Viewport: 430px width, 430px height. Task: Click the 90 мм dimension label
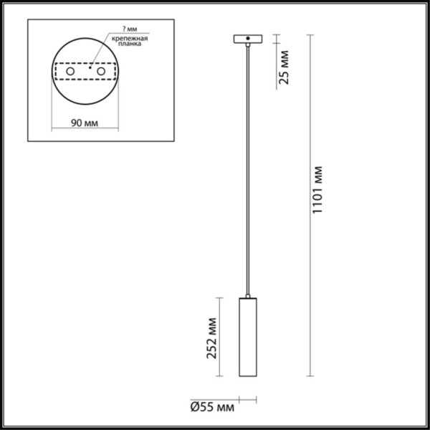pyautogui.click(x=85, y=123)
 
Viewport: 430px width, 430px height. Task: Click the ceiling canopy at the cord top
pyautogui.click(x=248, y=39)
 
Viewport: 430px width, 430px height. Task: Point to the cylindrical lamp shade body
pyautogui.click(x=248, y=337)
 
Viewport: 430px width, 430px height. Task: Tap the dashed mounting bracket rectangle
pyautogui.click(x=85, y=72)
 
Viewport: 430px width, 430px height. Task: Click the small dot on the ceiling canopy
pyautogui.click(x=248, y=38)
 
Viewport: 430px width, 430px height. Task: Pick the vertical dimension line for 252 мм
pyautogui.click(x=224, y=337)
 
